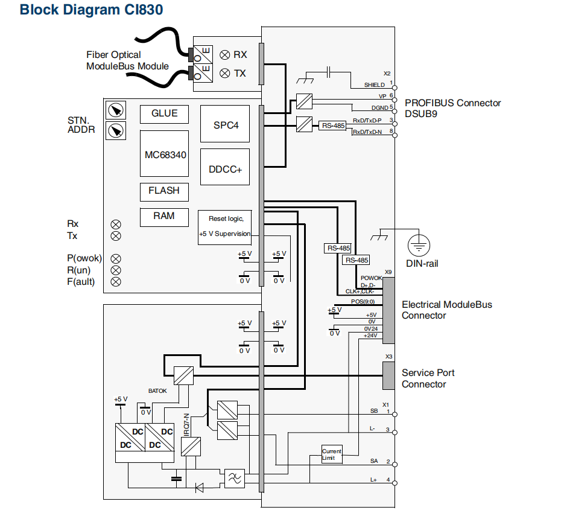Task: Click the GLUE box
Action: click(x=164, y=114)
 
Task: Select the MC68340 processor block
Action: click(x=165, y=154)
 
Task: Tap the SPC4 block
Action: click(x=225, y=125)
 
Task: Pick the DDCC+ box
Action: click(x=225, y=170)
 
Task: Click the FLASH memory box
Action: click(x=164, y=191)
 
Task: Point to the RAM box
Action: click(x=164, y=217)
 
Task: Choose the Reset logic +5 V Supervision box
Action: click(x=224, y=226)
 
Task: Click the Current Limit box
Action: click(x=332, y=454)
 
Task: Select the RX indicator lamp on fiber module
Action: click(x=225, y=55)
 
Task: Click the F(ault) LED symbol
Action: click(x=116, y=282)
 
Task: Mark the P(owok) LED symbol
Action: click(x=116, y=258)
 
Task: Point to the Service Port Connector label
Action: click(x=428, y=378)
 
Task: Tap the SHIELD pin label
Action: click(x=374, y=85)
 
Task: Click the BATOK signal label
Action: click(x=157, y=391)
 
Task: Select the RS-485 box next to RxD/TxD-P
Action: click(x=333, y=126)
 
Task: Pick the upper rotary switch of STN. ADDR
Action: click(x=116, y=110)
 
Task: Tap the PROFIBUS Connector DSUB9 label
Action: click(x=452, y=108)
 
